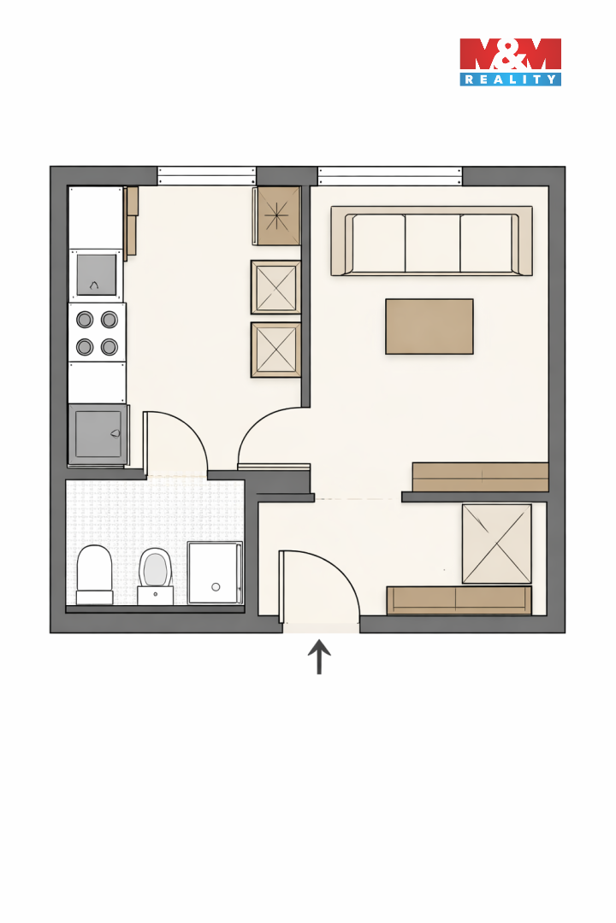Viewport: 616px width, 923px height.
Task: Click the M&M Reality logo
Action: point(510,62)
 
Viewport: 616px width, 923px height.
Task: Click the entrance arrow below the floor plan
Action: point(319,656)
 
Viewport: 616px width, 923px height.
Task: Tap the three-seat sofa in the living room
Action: point(431,241)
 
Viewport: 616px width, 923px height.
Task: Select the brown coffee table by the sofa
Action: point(429,326)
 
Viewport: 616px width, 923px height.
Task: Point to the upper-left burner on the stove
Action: point(85,320)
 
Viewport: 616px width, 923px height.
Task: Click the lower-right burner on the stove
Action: point(109,347)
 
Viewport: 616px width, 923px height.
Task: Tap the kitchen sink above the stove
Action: point(96,275)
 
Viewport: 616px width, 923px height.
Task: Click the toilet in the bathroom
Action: point(94,574)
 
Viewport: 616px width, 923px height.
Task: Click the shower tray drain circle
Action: point(216,587)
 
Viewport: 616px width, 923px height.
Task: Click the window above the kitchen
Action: point(206,175)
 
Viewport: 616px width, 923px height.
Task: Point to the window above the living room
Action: point(389,175)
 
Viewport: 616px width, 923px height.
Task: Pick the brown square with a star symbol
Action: point(278,216)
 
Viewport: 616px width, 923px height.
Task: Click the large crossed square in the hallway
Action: point(497,544)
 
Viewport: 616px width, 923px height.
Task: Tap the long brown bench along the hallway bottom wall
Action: point(459,600)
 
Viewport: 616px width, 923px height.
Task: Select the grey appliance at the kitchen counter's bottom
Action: point(98,434)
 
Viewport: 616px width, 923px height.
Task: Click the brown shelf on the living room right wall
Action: point(481,477)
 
